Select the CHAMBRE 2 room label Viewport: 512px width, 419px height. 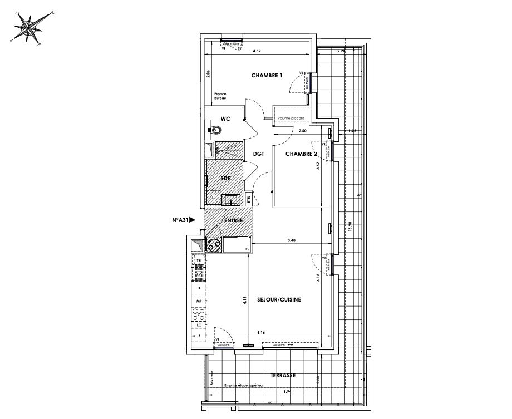(301, 154)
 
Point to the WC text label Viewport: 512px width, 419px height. (225, 119)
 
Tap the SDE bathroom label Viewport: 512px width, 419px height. (225, 179)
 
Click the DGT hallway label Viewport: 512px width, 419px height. (258, 154)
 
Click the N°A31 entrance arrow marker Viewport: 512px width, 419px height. (184, 220)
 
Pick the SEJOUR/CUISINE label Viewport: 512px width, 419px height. (279, 299)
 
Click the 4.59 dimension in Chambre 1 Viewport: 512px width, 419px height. (257, 51)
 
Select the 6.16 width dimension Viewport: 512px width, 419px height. (262, 333)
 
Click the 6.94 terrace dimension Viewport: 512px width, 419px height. (288, 392)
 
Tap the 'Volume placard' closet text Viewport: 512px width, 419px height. (292, 119)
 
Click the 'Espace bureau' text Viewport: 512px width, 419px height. (219, 96)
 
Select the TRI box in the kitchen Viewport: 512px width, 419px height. (198, 260)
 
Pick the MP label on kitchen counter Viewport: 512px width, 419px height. (198, 301)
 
